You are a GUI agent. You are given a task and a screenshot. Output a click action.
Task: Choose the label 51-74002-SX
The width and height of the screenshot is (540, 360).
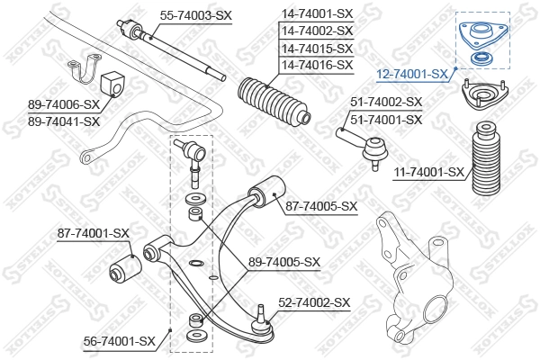(386, 103)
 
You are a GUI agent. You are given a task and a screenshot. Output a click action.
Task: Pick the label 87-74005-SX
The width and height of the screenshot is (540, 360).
(321, 206)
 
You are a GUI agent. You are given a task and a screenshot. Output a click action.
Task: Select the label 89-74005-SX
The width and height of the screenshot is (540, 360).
(284, 262)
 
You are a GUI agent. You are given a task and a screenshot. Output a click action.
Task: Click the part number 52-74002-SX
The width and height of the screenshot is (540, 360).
(313, 303)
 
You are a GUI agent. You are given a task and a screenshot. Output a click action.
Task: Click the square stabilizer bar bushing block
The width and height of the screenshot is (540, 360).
(114, 79)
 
